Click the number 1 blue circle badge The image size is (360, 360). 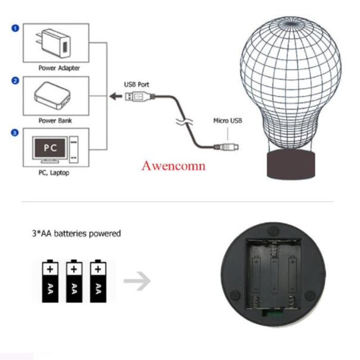click(x=15, y=28)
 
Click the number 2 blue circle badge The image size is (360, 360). click(x=15, y=81)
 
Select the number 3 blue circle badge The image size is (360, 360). click(x=15, y=133)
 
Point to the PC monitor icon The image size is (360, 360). click(x=50, y=149)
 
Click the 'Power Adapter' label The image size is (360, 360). click(x=59, y=68)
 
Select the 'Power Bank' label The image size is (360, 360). click(x=55, y=121)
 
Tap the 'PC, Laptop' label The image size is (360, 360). click(x=54, y=172)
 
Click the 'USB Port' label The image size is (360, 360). click(x=137, y=84)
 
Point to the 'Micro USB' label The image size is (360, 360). click(x=228, y=121)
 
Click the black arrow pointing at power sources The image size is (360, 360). click(x=115, y=95)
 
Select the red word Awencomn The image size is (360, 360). click(x=174, y=166)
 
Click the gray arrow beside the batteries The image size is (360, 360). click(x=137, y=281)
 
